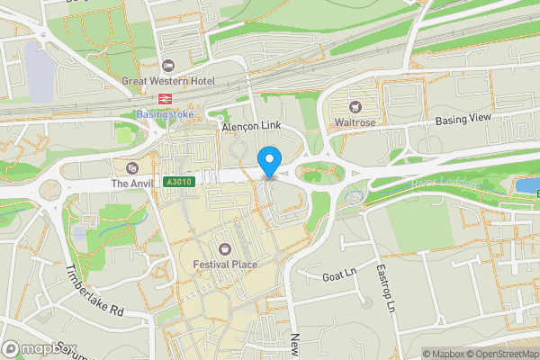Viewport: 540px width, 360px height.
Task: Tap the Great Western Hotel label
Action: [x=168, y=81]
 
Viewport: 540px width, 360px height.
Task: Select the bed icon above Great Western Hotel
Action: [x=168, y=65]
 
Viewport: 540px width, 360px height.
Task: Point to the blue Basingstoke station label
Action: [x=164, y=114]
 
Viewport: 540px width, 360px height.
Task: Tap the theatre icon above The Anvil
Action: [x=132, y=167]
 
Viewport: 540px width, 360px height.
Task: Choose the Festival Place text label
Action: [x=225, y=264]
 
